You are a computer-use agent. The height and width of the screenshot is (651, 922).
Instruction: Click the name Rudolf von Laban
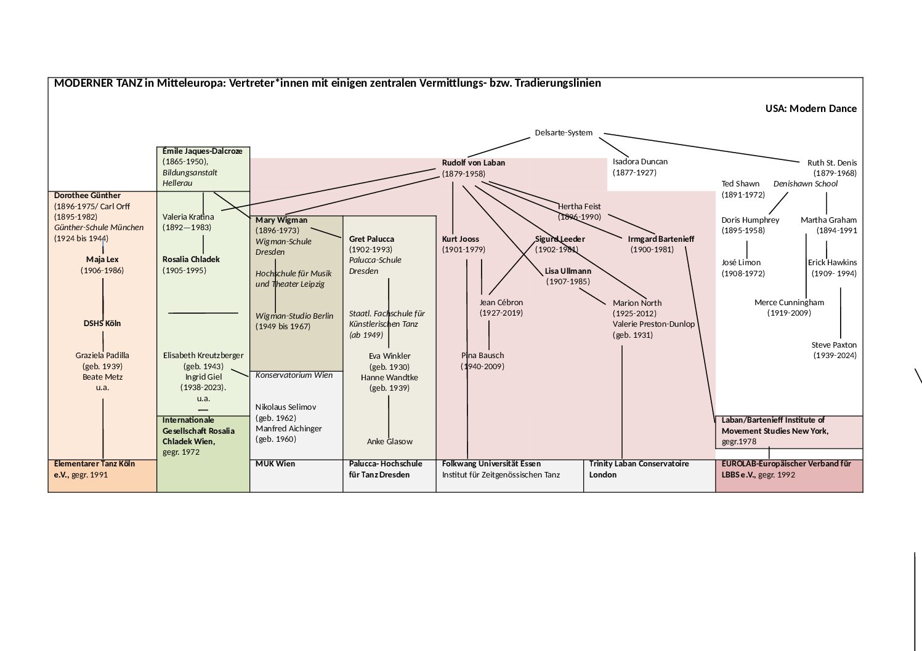pos(473,163)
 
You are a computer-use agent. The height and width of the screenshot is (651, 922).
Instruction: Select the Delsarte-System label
pos(564,133)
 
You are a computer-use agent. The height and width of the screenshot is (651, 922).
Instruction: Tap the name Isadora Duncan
pos(640,162)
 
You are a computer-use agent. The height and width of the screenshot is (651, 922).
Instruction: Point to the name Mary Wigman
pos(281,220)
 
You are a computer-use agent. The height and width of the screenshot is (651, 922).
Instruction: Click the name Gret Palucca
pos(371,239)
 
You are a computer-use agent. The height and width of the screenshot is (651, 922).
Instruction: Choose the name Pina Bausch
pos(482,356)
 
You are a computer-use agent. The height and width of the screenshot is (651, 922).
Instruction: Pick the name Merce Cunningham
pos(789,303)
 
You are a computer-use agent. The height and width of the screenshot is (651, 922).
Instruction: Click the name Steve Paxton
pos(834,345)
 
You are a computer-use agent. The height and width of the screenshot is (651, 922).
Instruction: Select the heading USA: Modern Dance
pos(811,109)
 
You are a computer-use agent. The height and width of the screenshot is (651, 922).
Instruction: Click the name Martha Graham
pos(828,220)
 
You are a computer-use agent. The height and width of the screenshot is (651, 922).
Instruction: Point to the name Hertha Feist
pos(579,207)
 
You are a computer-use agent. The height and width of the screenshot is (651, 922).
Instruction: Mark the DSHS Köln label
pos(102,324)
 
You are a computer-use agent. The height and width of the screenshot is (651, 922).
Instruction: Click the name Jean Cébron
pos(501,303)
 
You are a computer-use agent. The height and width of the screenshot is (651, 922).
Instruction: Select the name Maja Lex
pos(102,260)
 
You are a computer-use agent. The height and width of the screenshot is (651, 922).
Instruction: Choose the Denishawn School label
pos(805,184)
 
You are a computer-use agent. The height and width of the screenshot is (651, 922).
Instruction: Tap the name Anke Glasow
pos(389,442)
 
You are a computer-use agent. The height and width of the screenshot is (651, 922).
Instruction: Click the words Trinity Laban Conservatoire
pos(639,464)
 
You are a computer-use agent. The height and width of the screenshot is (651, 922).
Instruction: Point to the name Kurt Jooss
pos(460,239)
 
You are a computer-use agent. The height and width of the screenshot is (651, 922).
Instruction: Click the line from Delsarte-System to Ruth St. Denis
pos(702,148)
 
